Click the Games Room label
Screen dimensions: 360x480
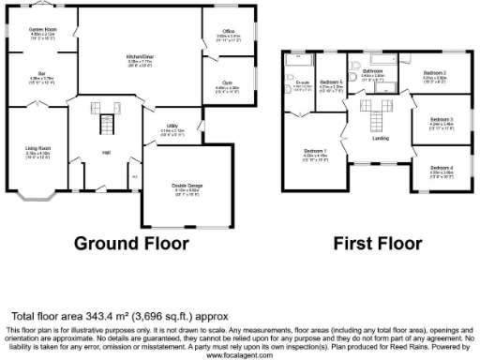pos(42,30)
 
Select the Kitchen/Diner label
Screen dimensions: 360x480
pos(141,57)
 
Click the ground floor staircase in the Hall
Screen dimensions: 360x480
pos(106,121)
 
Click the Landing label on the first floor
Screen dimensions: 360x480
pos(381,138)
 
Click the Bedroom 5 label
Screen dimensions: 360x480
pos(331,82)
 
